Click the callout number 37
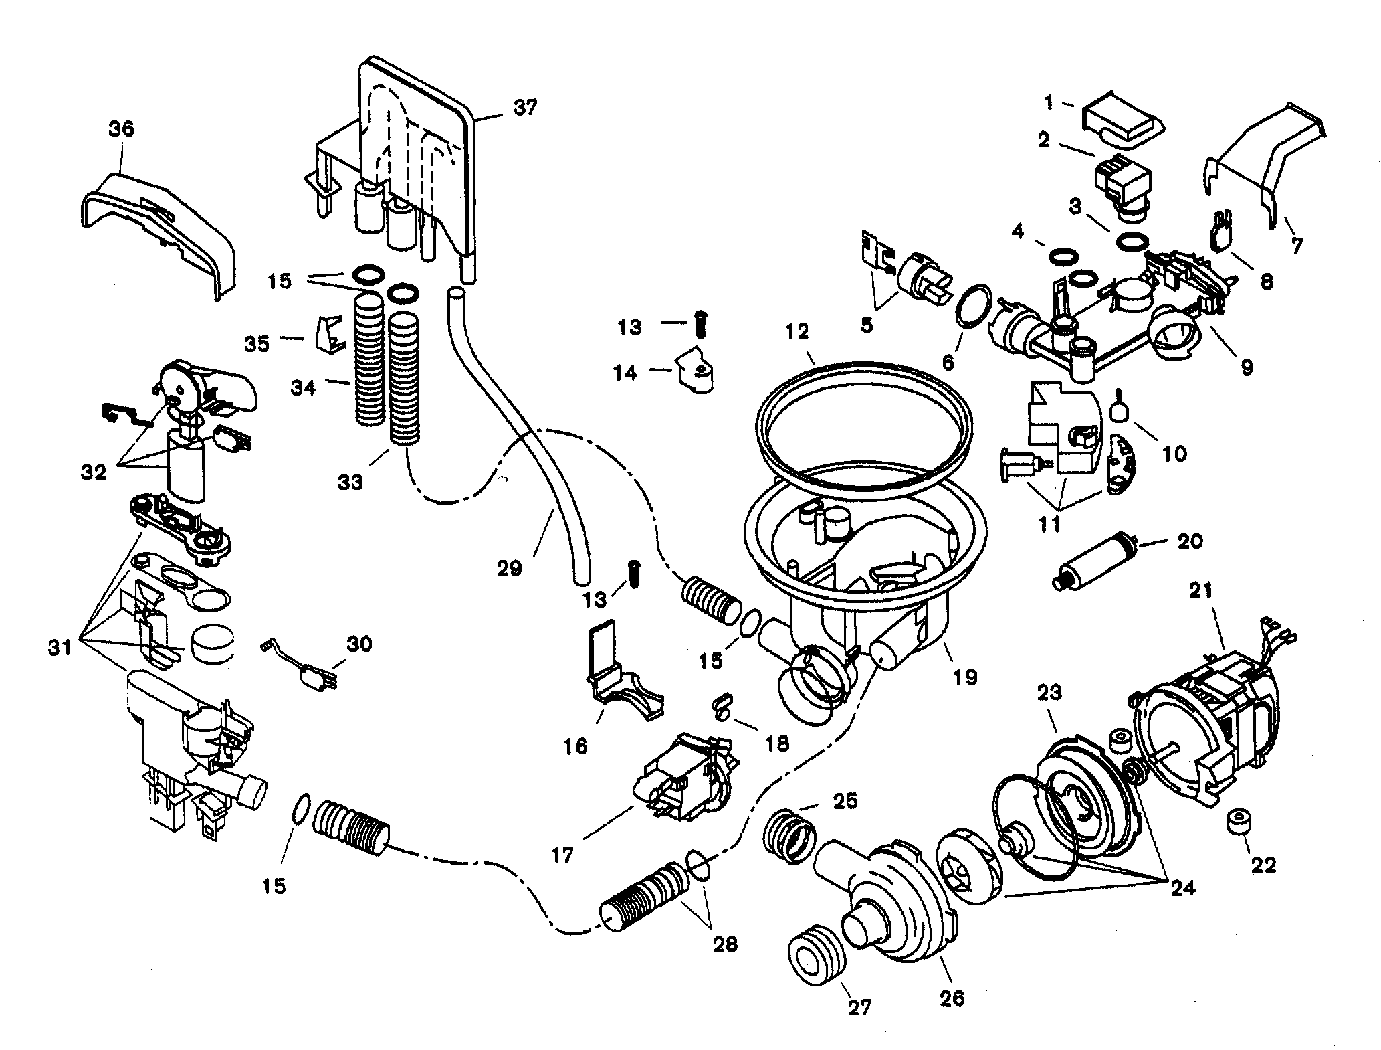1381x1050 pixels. coord(525,107)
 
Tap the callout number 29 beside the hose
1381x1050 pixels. coord(510,569)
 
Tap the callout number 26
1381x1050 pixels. coord(952,1017)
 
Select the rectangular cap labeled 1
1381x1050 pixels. coord(1124,127)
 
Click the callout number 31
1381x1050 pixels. coord(60,648)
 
